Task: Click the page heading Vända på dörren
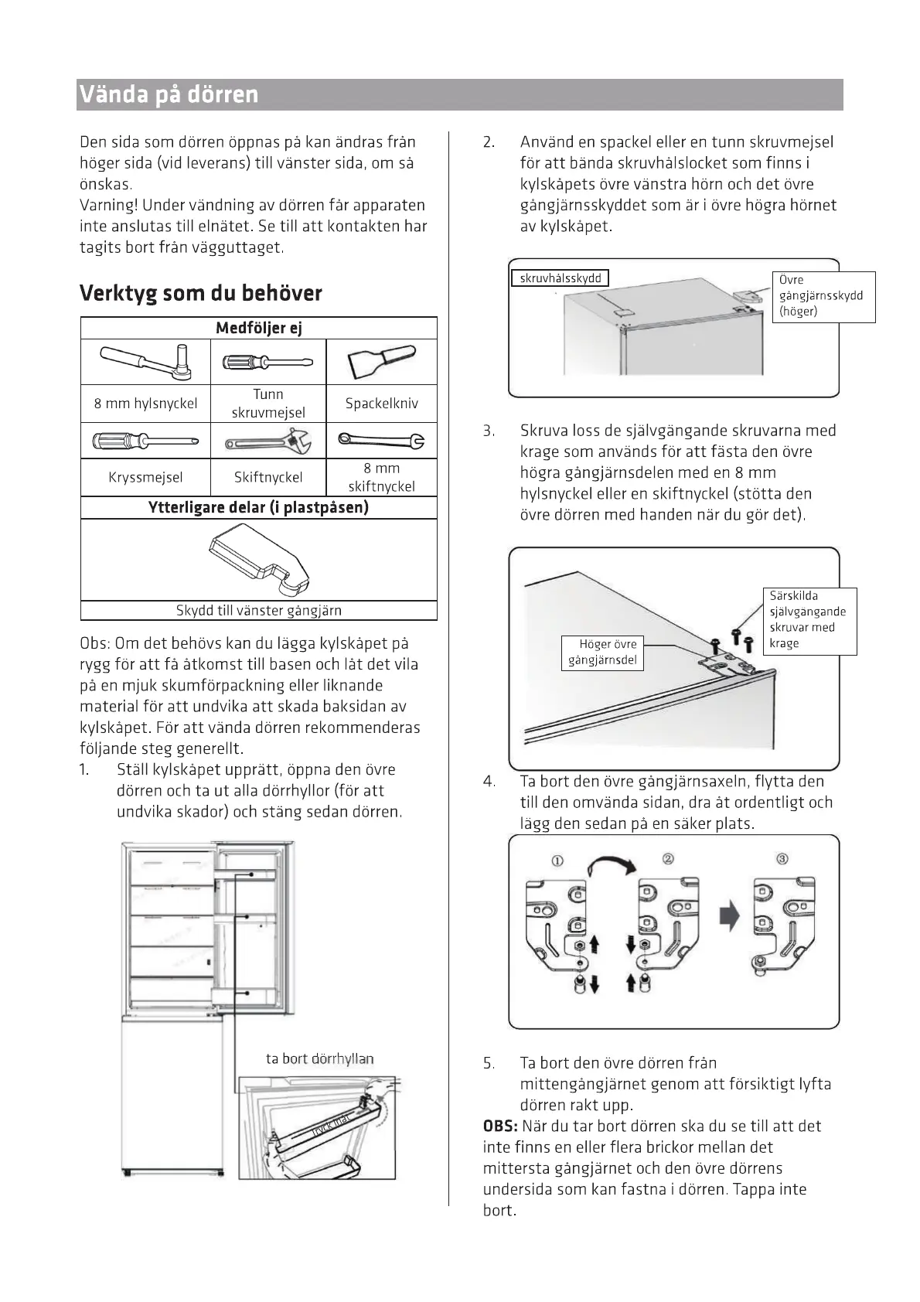[x=169, y=95]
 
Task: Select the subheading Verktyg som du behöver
[x=200, y=293]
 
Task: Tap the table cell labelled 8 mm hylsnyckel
[x=145, y=403]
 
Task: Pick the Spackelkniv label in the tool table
[x=381, y=403]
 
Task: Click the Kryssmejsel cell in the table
[x=145, y=477]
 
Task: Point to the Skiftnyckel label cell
[x=268, y=477]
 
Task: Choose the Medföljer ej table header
[x=258, y=328]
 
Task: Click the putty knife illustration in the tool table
[x=381, y=361]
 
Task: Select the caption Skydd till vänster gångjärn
[x=258, y=610]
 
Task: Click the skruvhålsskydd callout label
[x=560, y=278]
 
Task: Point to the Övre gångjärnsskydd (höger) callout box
[x=823, y=296]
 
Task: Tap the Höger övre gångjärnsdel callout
[x=602, y=652]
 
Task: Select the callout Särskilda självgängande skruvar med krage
[x=809, y=620]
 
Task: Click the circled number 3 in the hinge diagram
[x=782, y=859]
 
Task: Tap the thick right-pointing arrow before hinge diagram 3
[x=729, y=917]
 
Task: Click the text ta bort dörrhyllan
[x=319, y=1058]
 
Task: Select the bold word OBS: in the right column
[x=500, y=1126]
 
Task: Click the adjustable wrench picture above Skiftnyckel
[x=268, y=441]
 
